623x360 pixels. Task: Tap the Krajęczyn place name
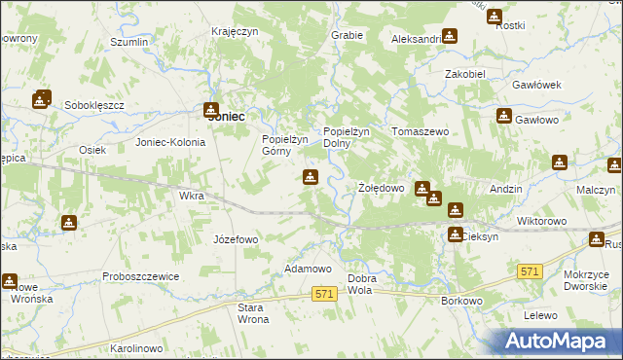235,31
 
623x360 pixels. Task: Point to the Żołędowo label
381,188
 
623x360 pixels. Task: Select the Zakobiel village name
465,73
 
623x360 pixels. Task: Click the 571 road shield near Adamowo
325,293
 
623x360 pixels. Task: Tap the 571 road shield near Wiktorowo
530,270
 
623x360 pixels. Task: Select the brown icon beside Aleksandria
450,36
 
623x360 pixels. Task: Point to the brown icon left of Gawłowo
503,117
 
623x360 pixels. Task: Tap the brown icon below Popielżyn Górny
310,177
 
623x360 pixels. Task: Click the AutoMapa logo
563,341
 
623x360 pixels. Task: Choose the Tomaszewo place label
419,131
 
